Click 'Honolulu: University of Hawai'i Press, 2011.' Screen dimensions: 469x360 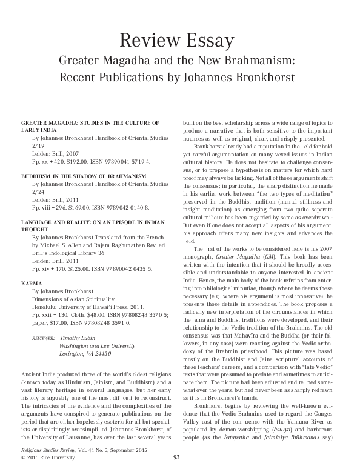click(87, 307)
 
